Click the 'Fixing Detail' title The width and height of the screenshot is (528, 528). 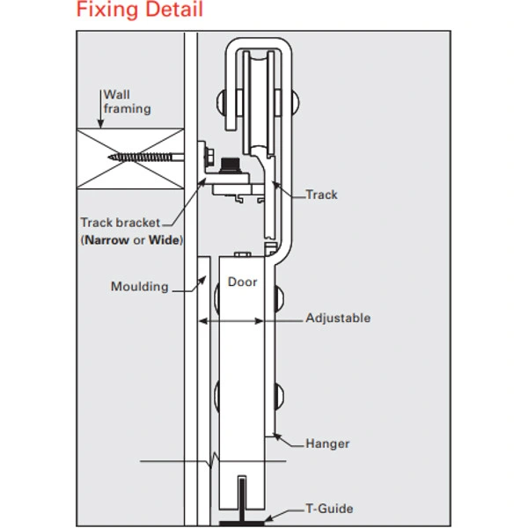coord(139,11)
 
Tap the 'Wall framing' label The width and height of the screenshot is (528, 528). coord(127,102)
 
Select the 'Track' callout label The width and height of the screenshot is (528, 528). coord(321,194)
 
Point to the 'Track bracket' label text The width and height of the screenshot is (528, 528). coord(121,224)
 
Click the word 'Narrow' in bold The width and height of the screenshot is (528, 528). coord(107,240)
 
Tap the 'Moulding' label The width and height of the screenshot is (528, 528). coord(139,287)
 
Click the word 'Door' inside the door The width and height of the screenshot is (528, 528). coord(242,282)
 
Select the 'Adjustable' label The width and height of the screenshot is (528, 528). coord(338,319)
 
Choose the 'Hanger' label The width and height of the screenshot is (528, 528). coord(327,444)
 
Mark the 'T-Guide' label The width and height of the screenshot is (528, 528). coord(329,509)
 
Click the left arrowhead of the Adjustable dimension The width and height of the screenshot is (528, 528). coord(201,321)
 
